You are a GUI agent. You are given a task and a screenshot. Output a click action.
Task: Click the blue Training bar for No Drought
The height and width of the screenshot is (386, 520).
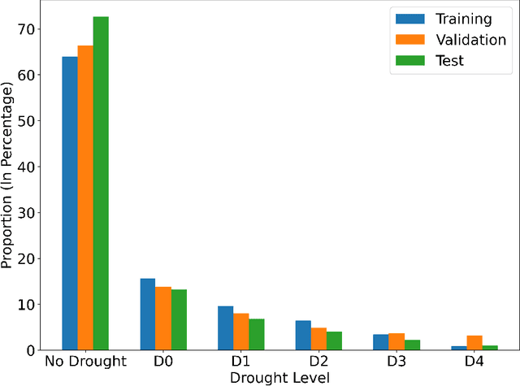click(x=70, y=203)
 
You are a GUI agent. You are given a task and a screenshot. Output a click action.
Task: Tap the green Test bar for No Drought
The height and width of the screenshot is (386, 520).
click(x=101, y=184)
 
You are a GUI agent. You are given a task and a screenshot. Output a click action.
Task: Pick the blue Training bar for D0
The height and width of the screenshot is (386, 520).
click(x=148, y=314)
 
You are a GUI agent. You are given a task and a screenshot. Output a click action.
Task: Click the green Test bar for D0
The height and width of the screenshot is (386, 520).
click(x=179, y=320)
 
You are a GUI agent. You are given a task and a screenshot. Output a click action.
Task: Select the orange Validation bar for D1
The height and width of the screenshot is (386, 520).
click(x=241, y=332)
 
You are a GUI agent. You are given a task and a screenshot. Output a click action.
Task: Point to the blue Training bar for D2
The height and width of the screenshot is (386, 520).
click(x=303, y=335)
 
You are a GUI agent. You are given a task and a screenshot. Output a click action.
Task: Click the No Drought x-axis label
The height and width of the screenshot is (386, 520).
click(x=85, y=362)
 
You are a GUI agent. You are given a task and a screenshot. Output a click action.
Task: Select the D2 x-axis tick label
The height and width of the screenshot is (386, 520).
click(x=318, y=362)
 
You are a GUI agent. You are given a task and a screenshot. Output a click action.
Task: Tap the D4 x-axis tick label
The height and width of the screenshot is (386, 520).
click(x=474, y=362)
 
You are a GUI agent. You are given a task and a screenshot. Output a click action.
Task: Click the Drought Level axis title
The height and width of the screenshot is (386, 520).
click(x=279, y=377)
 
